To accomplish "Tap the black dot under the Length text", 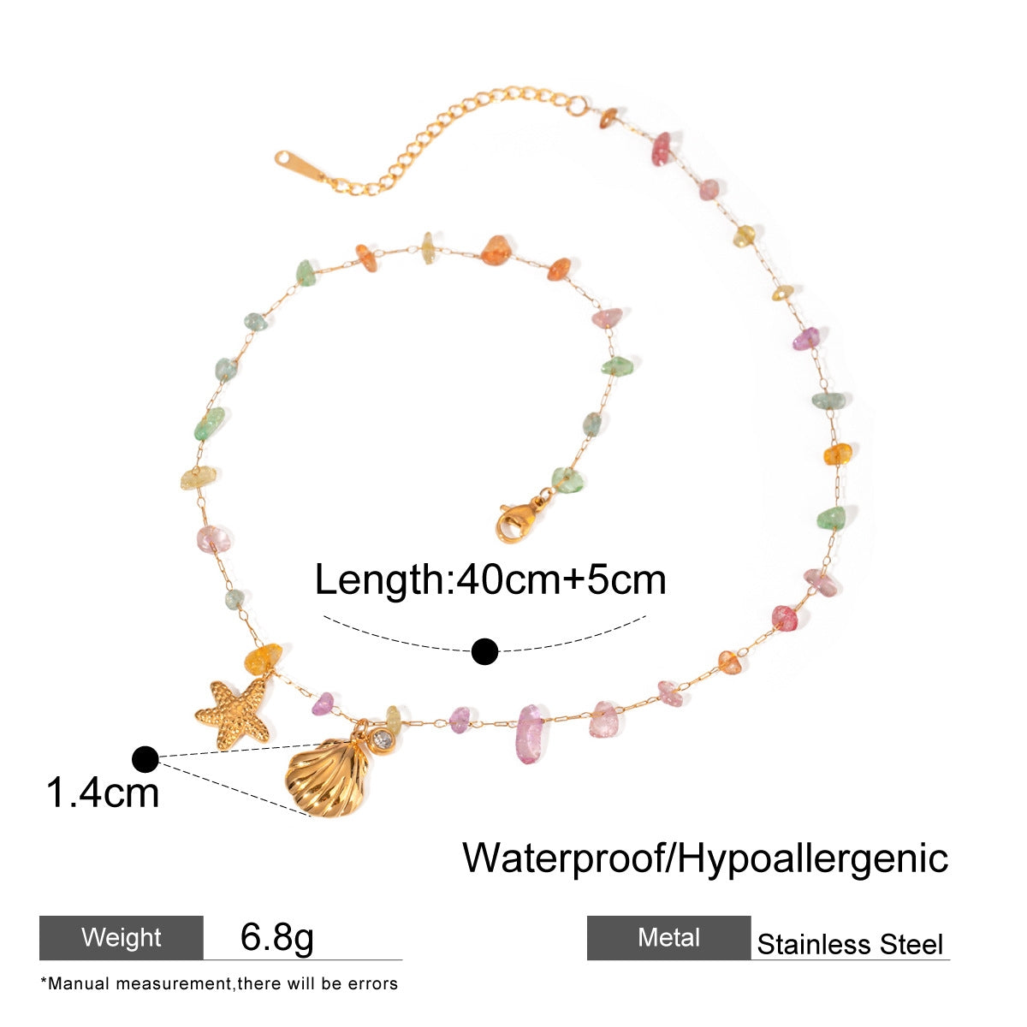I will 485,652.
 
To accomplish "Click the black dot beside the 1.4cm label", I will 145,758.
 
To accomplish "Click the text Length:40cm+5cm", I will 490,580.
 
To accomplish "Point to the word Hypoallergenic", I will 813,857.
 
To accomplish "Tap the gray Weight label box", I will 122,938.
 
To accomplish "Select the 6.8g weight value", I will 277,937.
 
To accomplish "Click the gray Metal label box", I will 668,938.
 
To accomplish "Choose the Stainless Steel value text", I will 850,945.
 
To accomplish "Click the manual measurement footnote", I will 219,984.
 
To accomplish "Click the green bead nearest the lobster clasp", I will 567,480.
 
